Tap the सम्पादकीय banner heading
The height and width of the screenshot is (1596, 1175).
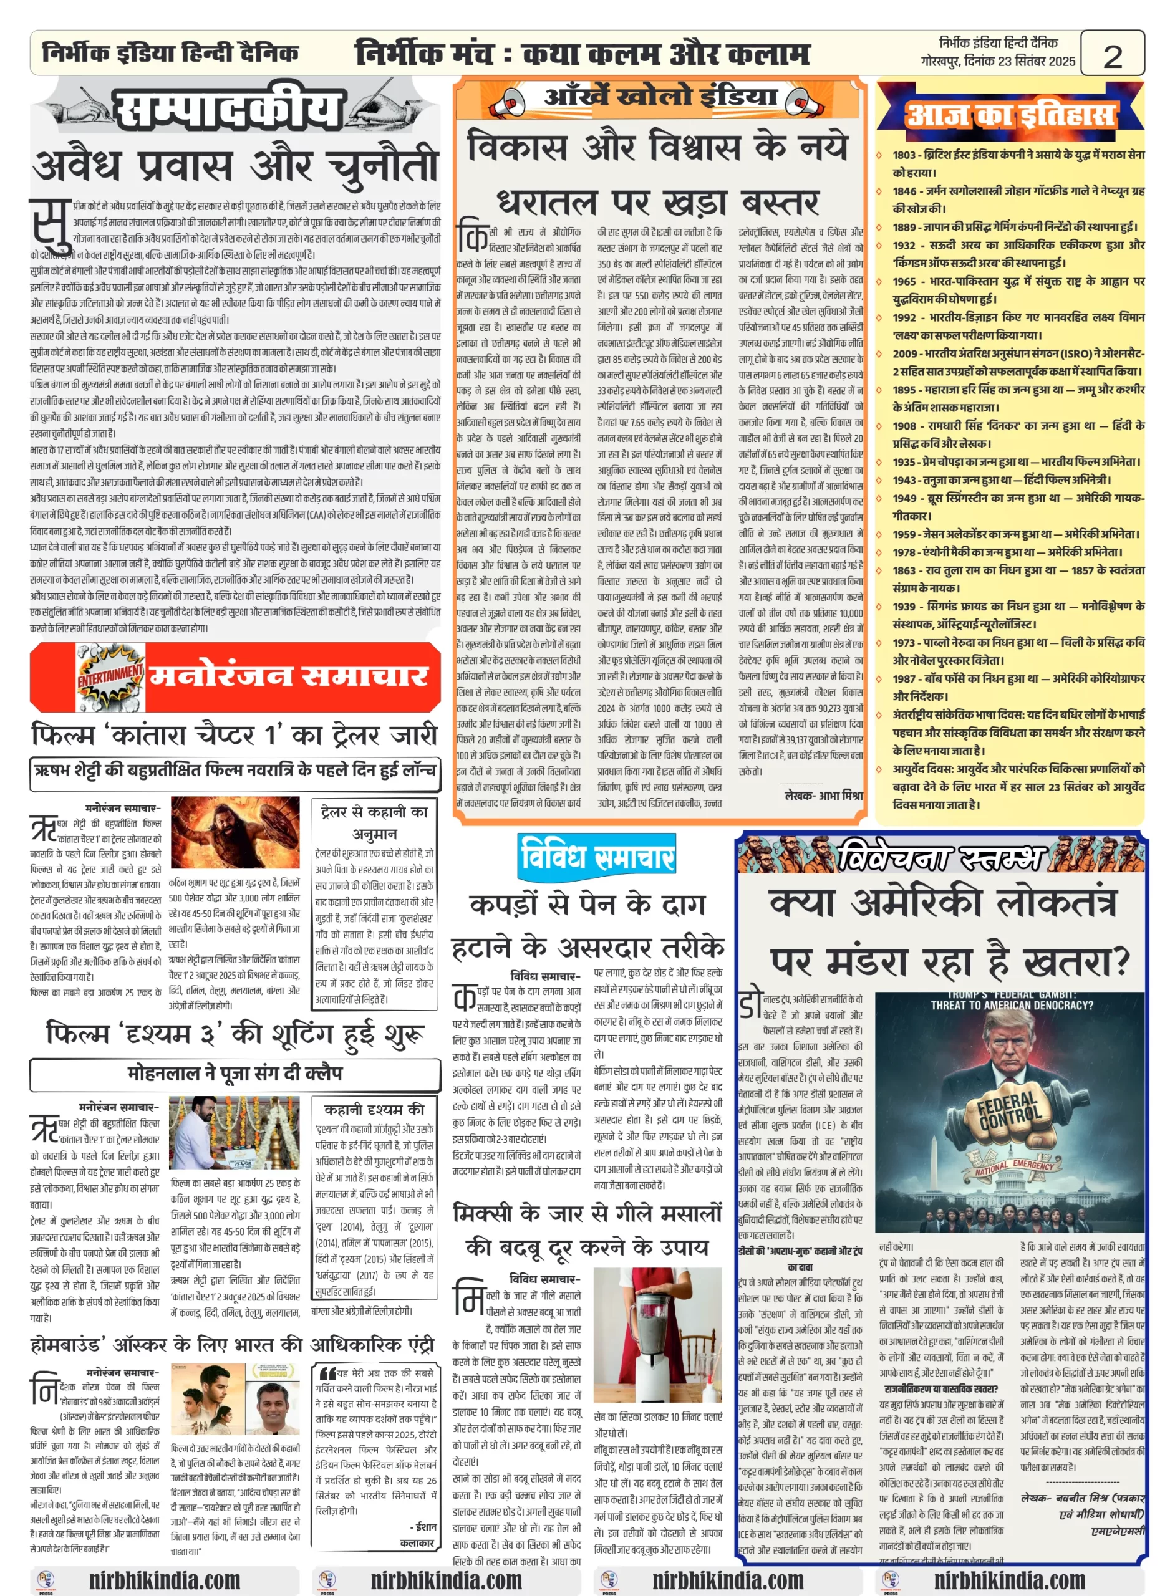tap(228, 110)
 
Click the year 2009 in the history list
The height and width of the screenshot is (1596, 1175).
tap(906, 353)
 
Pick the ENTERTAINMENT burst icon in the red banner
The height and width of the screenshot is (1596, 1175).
tap(110, 673)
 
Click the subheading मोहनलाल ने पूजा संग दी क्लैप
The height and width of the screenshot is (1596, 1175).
tap(235, 1073)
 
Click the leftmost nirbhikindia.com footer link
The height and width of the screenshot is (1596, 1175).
tap(164, 1580)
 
